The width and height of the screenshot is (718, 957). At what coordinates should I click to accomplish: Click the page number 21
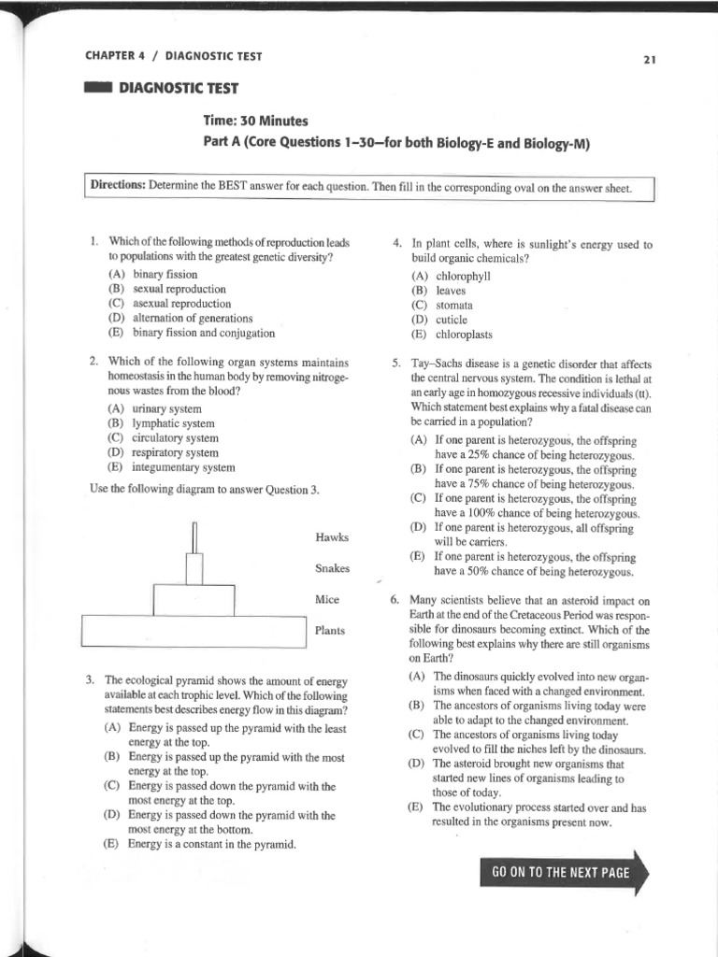coord(651,60)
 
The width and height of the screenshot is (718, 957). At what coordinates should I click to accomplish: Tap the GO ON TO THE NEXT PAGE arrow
coord(561,873)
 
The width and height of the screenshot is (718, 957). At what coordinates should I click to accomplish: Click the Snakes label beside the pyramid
coord(333,568)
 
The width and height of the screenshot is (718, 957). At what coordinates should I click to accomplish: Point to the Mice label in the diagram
coord(327,599)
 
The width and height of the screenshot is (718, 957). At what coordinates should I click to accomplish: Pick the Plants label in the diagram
coord(330,631)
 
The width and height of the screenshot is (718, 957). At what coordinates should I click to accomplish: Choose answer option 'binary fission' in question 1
coord(164,274)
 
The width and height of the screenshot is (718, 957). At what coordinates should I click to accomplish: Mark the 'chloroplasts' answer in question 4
coord(464,335)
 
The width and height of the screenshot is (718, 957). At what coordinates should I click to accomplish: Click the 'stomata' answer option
coord(453,305)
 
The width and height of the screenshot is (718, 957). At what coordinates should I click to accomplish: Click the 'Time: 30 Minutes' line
coord(255,121)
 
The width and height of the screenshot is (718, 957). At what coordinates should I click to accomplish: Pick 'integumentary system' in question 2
coord(183,467)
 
